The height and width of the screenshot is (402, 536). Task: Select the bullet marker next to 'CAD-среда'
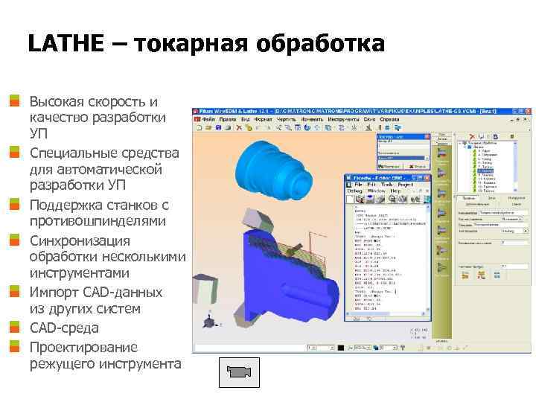(14, 328)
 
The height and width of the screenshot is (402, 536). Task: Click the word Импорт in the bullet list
(54, 292)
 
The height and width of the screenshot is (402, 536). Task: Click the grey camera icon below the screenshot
(238, 370)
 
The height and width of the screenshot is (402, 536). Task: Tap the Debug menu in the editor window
(354, 191)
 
